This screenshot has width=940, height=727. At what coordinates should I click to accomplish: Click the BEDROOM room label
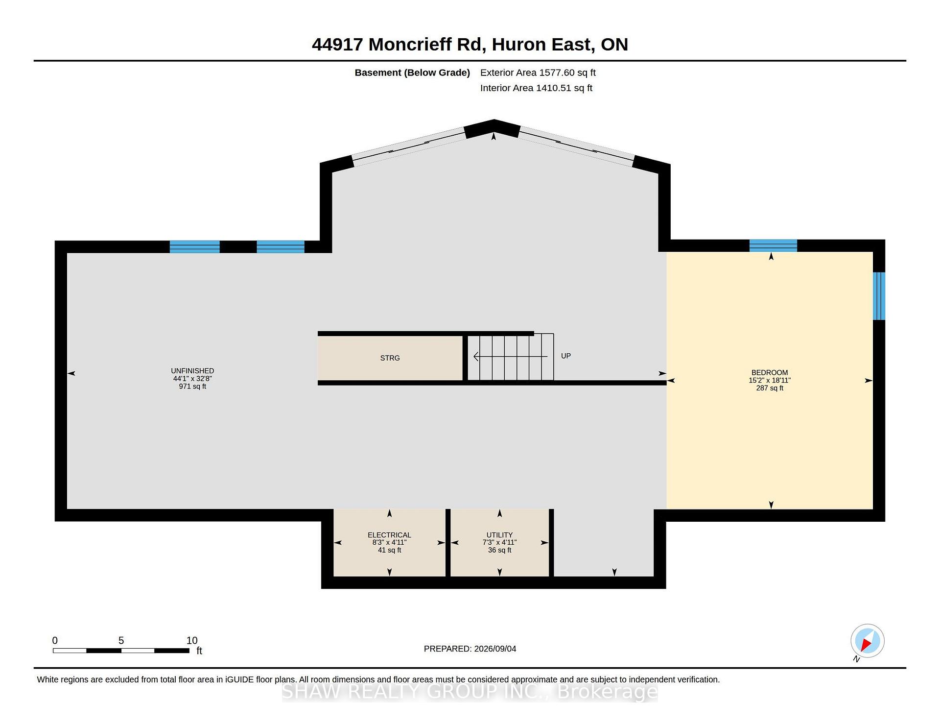770,373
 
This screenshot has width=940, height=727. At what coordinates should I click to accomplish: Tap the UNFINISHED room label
192,371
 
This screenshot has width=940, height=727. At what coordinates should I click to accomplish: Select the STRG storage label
390,358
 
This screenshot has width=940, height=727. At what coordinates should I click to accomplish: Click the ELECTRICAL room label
389,535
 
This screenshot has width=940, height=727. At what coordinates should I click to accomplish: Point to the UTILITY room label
499,535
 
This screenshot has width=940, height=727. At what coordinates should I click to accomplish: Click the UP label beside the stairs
565,356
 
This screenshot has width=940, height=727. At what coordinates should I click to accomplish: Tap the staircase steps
511,357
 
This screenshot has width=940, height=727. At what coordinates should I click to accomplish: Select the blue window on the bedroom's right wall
879,296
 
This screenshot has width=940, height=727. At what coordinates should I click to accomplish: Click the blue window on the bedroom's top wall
773,245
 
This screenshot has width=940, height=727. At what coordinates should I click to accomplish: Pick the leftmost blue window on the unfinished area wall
194,247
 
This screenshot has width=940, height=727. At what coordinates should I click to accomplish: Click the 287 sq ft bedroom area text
770,388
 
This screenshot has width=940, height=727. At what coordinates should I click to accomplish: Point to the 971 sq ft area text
192,387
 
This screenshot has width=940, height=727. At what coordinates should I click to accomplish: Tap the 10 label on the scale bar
192,640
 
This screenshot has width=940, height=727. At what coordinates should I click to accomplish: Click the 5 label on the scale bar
121,640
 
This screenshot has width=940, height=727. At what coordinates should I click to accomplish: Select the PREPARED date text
470,649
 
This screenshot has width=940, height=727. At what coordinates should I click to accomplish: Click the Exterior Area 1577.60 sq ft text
538,73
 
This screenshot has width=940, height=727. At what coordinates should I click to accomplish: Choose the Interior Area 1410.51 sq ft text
536,88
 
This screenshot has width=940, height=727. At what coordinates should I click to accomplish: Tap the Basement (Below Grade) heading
412,73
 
